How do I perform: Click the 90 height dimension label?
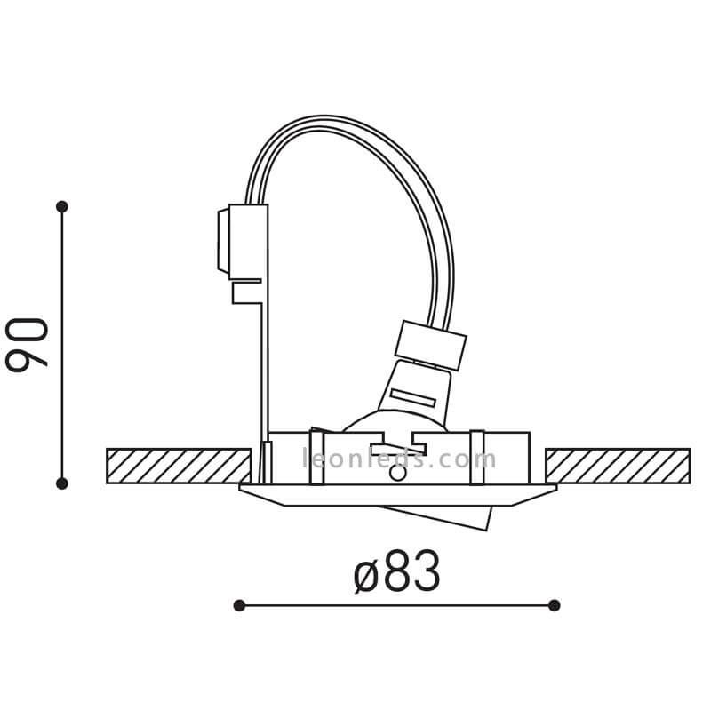27,345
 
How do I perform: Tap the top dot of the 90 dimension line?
62,207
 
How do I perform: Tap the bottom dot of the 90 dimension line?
62,483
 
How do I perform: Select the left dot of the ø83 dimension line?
239,605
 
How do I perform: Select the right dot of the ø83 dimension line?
554,605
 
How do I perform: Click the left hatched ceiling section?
179,466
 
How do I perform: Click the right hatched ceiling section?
618,466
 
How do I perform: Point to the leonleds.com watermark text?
399,459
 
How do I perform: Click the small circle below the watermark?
398,474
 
